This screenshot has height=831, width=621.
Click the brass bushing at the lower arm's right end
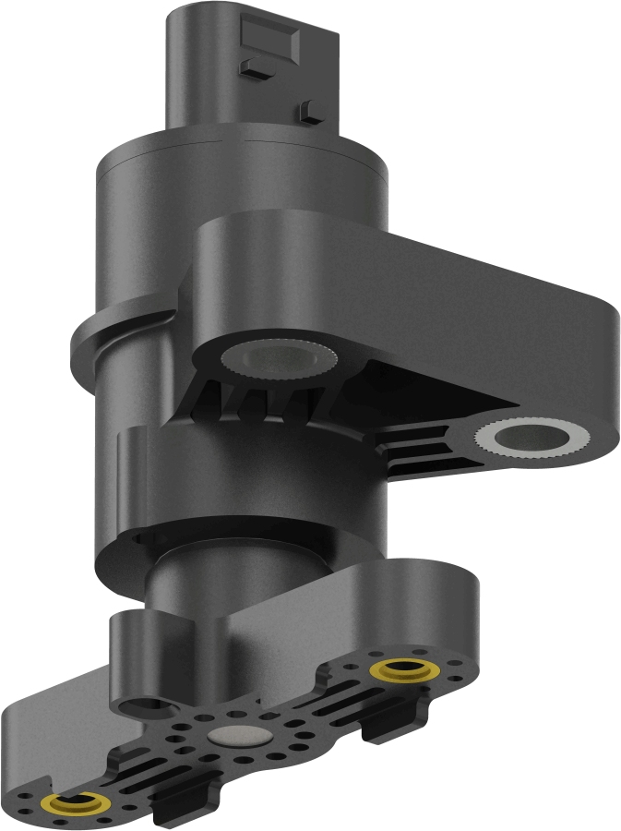(x=403, y=667)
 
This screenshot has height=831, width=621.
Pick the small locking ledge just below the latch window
(x=252, y=66)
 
